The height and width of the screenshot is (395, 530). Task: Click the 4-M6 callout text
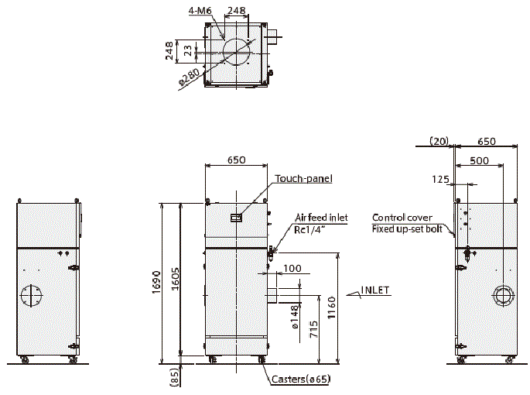[x=200, y=11]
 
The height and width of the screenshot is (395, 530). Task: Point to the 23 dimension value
[x=188, y=51]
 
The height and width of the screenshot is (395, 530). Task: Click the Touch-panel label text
[x=303, y=179]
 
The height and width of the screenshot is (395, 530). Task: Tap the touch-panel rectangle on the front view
[x=237, y=218]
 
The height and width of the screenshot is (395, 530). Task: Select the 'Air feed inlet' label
[x=321, y=218]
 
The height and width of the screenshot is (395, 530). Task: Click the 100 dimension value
[x=292, y=268]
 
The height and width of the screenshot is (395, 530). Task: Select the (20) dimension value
[x=439, y=141]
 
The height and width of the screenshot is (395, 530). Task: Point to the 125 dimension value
[x=441, y=179]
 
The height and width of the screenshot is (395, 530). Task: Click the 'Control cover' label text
[x=402, y=218]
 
